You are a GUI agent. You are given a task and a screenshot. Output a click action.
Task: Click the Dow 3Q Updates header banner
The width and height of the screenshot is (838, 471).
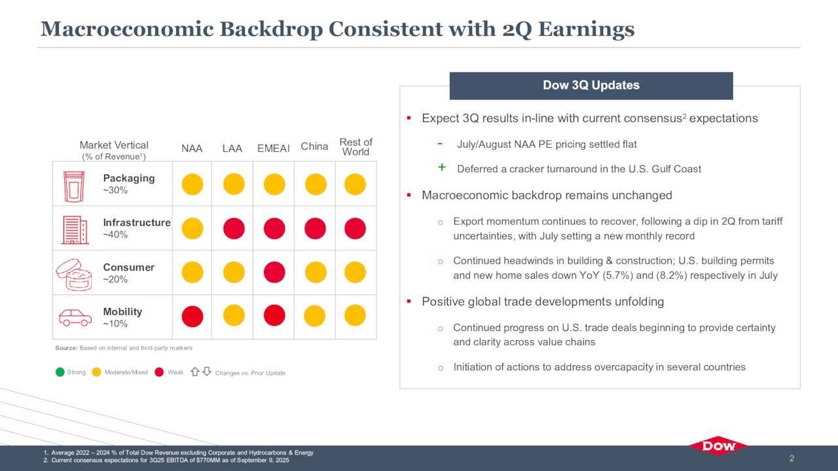(591, 86)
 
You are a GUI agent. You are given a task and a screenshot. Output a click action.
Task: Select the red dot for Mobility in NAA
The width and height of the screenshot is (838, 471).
(192, 317)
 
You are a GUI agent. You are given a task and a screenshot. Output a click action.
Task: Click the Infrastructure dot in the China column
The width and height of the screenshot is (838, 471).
(315, 228)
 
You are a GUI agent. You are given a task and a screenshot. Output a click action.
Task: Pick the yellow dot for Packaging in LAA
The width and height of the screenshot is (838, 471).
(234, 184)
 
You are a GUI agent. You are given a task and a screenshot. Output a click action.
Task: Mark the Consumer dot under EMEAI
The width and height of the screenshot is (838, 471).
(274, 272)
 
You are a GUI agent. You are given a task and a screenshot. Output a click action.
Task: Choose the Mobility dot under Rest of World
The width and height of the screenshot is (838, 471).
(355, 315)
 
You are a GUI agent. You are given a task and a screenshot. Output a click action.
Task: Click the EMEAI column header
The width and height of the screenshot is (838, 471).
(274, 148)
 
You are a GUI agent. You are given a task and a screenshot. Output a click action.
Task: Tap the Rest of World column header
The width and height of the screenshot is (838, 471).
(355, 147)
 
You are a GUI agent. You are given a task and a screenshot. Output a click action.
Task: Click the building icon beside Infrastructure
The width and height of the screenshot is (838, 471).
(75, 230)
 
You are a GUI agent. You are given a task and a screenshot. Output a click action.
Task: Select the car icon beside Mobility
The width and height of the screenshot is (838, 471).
(75, 318)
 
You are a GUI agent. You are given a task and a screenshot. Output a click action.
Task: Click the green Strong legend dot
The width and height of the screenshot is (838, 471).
(60, 372)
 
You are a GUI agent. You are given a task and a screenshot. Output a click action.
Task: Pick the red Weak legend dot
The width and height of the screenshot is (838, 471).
(159, 372)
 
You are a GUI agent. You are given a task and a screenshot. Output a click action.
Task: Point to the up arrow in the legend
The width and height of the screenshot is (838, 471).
(194, 372)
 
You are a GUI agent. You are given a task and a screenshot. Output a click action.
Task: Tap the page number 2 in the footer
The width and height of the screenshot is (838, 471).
(792, 459)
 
